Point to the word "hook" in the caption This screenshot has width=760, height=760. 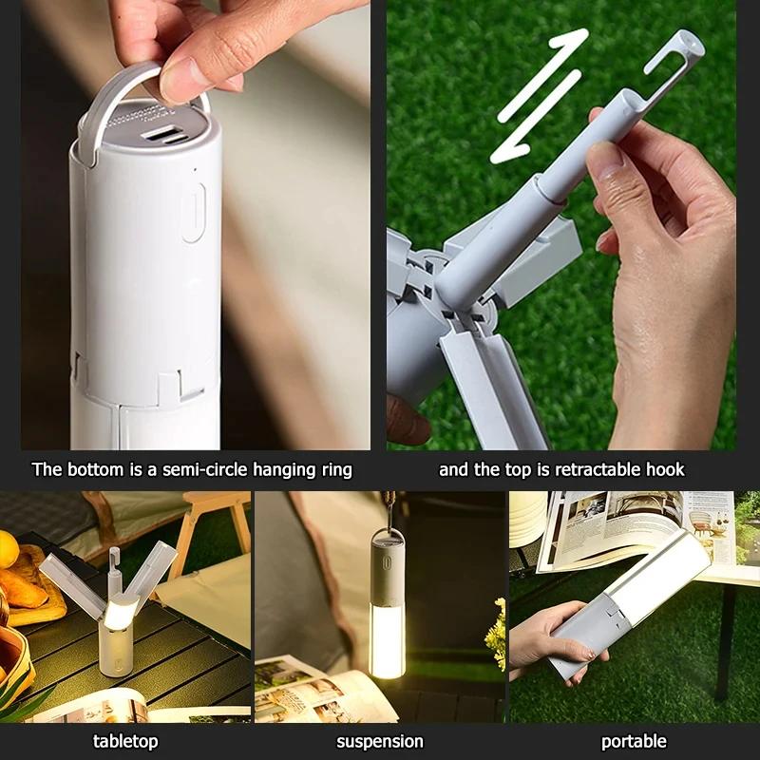click(x=664, y=469)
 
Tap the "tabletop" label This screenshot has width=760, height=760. click(x=125, y=741)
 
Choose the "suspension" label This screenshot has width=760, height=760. click(x=380, y=741)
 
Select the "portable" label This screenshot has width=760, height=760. click(x=634, y=741)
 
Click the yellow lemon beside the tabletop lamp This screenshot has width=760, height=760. click(x=8, y=549)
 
